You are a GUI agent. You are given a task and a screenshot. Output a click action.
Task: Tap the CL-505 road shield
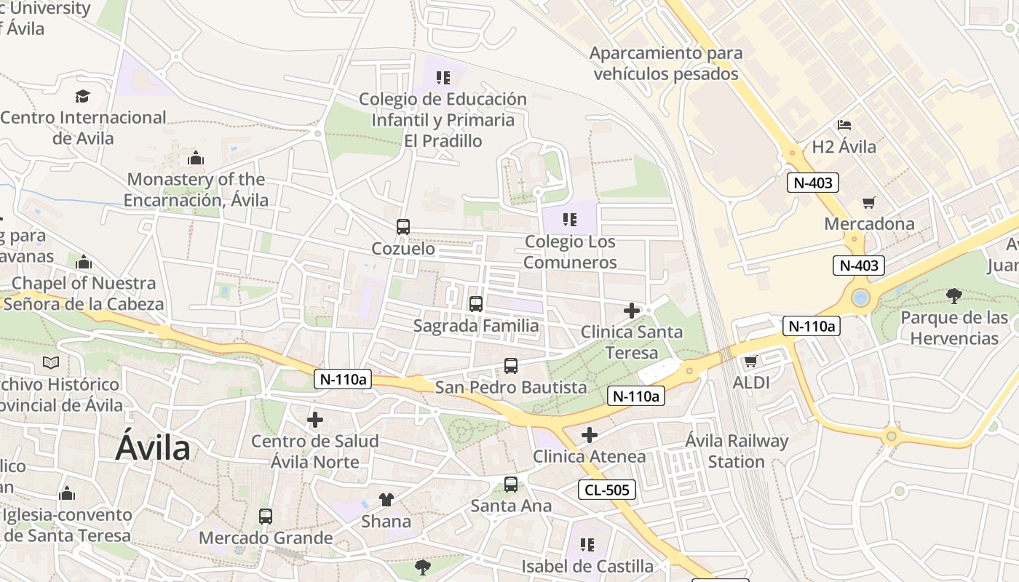(x=607, y=490)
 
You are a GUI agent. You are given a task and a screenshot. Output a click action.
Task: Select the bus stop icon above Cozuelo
(x=403, y=227)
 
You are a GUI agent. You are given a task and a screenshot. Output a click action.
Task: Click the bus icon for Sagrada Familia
(x=476, y=304)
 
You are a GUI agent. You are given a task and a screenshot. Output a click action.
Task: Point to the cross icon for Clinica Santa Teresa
(x=631, y=311)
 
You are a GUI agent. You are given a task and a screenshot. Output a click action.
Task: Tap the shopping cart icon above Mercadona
(x=868, y=202)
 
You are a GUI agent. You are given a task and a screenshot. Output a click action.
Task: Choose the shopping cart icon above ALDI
(x=750, y=361)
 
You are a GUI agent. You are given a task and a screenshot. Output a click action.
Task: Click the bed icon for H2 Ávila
(x=844, y=126)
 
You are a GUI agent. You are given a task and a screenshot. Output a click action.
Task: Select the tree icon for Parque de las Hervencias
(x=953, y=295)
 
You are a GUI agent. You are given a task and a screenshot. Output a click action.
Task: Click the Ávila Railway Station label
(x=737, y=451)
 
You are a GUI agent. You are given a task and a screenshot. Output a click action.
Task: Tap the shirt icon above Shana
(x=386, y=500)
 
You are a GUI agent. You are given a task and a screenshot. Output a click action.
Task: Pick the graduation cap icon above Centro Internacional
(x=82, y=96)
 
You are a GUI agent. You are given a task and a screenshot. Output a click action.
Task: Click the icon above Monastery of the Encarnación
(x=195, y=159)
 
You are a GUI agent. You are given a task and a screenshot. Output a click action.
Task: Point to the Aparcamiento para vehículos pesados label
(x=666, y=63)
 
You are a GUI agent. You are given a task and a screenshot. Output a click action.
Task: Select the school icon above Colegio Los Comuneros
(x=569, y=219)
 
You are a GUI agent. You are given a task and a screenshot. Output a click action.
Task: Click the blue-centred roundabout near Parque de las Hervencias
(x=860, y=298)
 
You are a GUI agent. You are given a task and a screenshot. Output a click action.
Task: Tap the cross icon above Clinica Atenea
(x=589, y=435)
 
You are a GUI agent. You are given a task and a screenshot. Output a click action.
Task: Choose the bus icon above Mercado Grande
(x=266, y=517)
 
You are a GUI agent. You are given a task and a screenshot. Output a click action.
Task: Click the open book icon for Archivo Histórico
(x=50, y=362)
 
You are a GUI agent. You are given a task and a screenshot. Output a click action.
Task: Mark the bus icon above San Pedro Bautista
(x=511, y=366)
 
